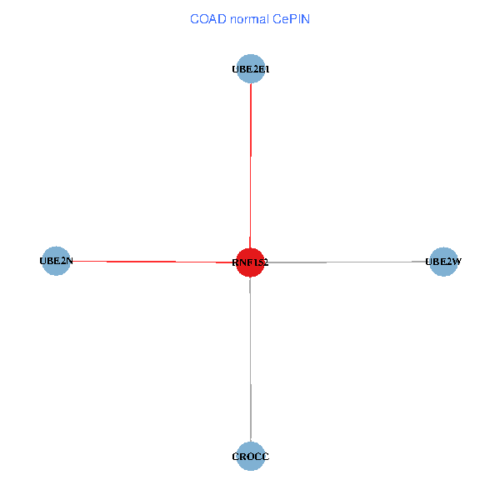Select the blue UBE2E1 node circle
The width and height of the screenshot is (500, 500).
251,69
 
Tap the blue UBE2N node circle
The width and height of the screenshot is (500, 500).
56,261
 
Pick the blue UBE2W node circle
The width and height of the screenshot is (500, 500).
443,262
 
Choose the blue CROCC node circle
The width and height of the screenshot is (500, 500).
250,456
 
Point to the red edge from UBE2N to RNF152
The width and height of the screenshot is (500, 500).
150,262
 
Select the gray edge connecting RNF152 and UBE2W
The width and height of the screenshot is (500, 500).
350,262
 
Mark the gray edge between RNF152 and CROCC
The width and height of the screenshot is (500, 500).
250,358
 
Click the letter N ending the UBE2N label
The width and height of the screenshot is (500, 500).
69,261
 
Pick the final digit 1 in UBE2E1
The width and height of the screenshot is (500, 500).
266,70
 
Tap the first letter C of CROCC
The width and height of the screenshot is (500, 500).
236,457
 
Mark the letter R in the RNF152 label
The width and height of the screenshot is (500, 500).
236,262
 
